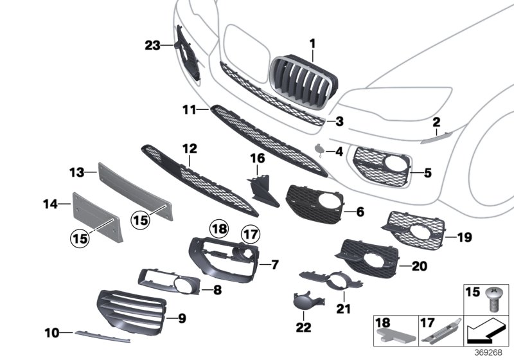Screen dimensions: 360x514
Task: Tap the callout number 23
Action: click(152, 45)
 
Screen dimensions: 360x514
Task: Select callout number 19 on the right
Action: click(464, 238)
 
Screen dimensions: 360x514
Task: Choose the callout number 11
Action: click(187, 110)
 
